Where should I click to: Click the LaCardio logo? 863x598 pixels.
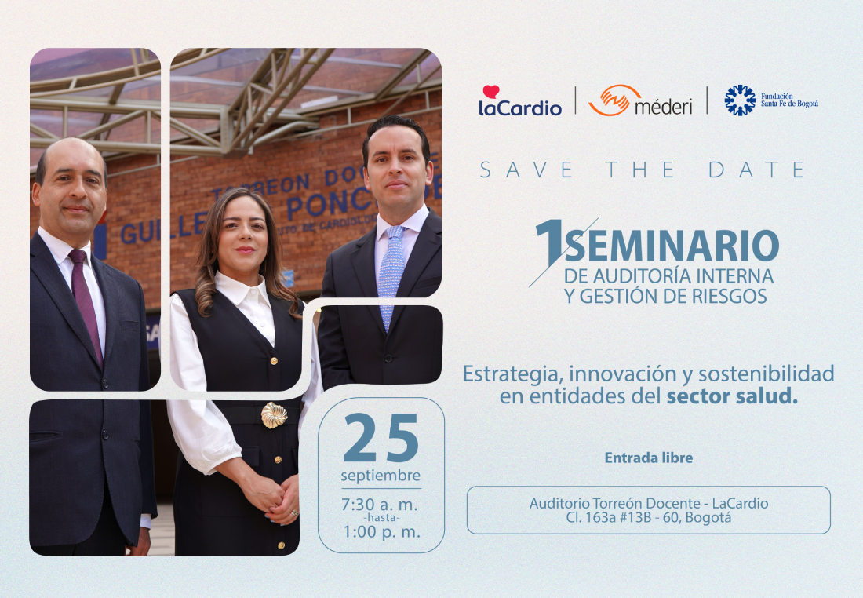click(520, 100)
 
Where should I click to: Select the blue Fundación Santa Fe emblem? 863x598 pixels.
click(740, 100)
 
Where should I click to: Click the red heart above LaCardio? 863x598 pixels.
click(491, 91)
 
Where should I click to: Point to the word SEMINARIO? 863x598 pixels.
click(672, 246)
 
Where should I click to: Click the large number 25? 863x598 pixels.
click(381, 438)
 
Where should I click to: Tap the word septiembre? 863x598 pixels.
click(381, 476)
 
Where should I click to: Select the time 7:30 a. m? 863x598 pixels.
click(380, 505)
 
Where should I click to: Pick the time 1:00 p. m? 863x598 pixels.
click(381, 532)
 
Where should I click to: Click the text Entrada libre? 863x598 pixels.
click(648, 458)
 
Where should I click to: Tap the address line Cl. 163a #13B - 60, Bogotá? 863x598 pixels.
click(648, 518)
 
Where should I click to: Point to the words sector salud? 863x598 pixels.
click(732, 396)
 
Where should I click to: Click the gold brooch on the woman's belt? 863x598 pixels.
click(274, 414)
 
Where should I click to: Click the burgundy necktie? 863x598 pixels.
click(86, 305)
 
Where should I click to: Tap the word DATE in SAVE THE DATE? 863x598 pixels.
click(757, 170)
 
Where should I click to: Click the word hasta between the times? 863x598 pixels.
click(381, 518)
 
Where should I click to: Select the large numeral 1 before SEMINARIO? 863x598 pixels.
click(551, 242)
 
